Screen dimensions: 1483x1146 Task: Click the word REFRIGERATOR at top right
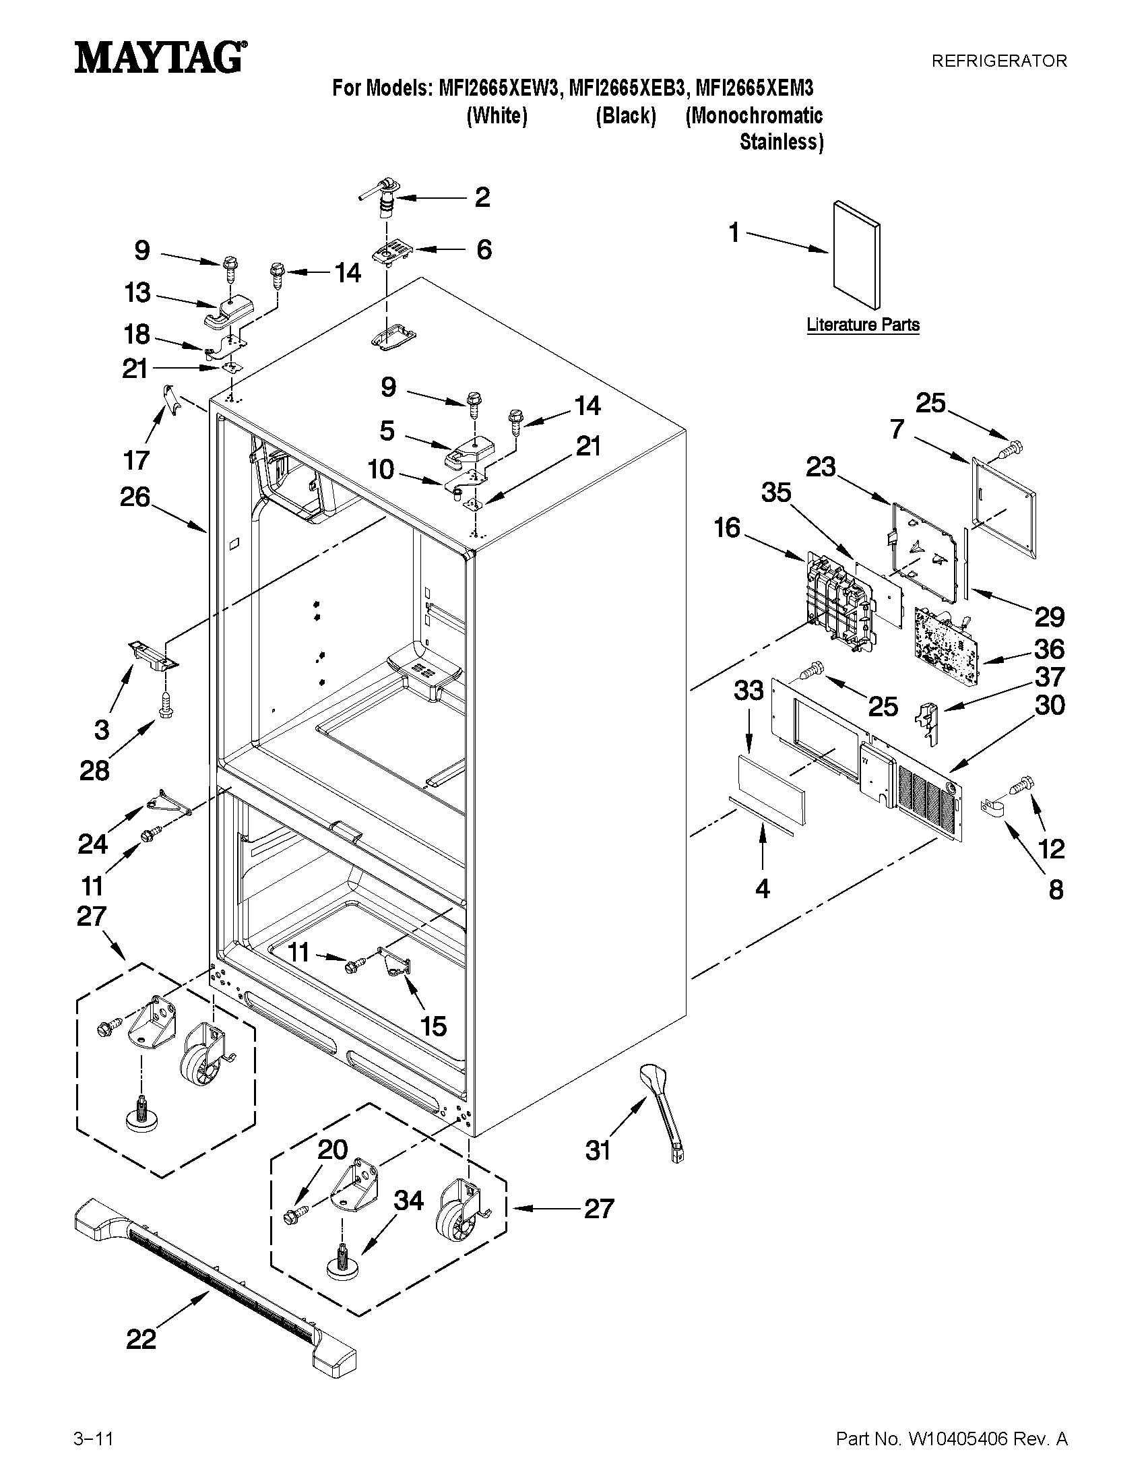[x=998, y=61]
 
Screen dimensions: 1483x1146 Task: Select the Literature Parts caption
[x=863, y=325]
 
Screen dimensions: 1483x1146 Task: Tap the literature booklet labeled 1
[x=857, y=255]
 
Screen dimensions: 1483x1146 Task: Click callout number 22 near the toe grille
[x=141, y=1339]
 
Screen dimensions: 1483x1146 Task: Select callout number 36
[x=1049, y=650]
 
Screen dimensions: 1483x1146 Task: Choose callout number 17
[x=136, y=460]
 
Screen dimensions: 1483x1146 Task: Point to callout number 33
[x=749, y=691]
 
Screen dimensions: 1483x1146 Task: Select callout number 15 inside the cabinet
[x=433, y=1026]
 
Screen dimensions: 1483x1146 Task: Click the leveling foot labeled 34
[x=344, y=1260]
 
